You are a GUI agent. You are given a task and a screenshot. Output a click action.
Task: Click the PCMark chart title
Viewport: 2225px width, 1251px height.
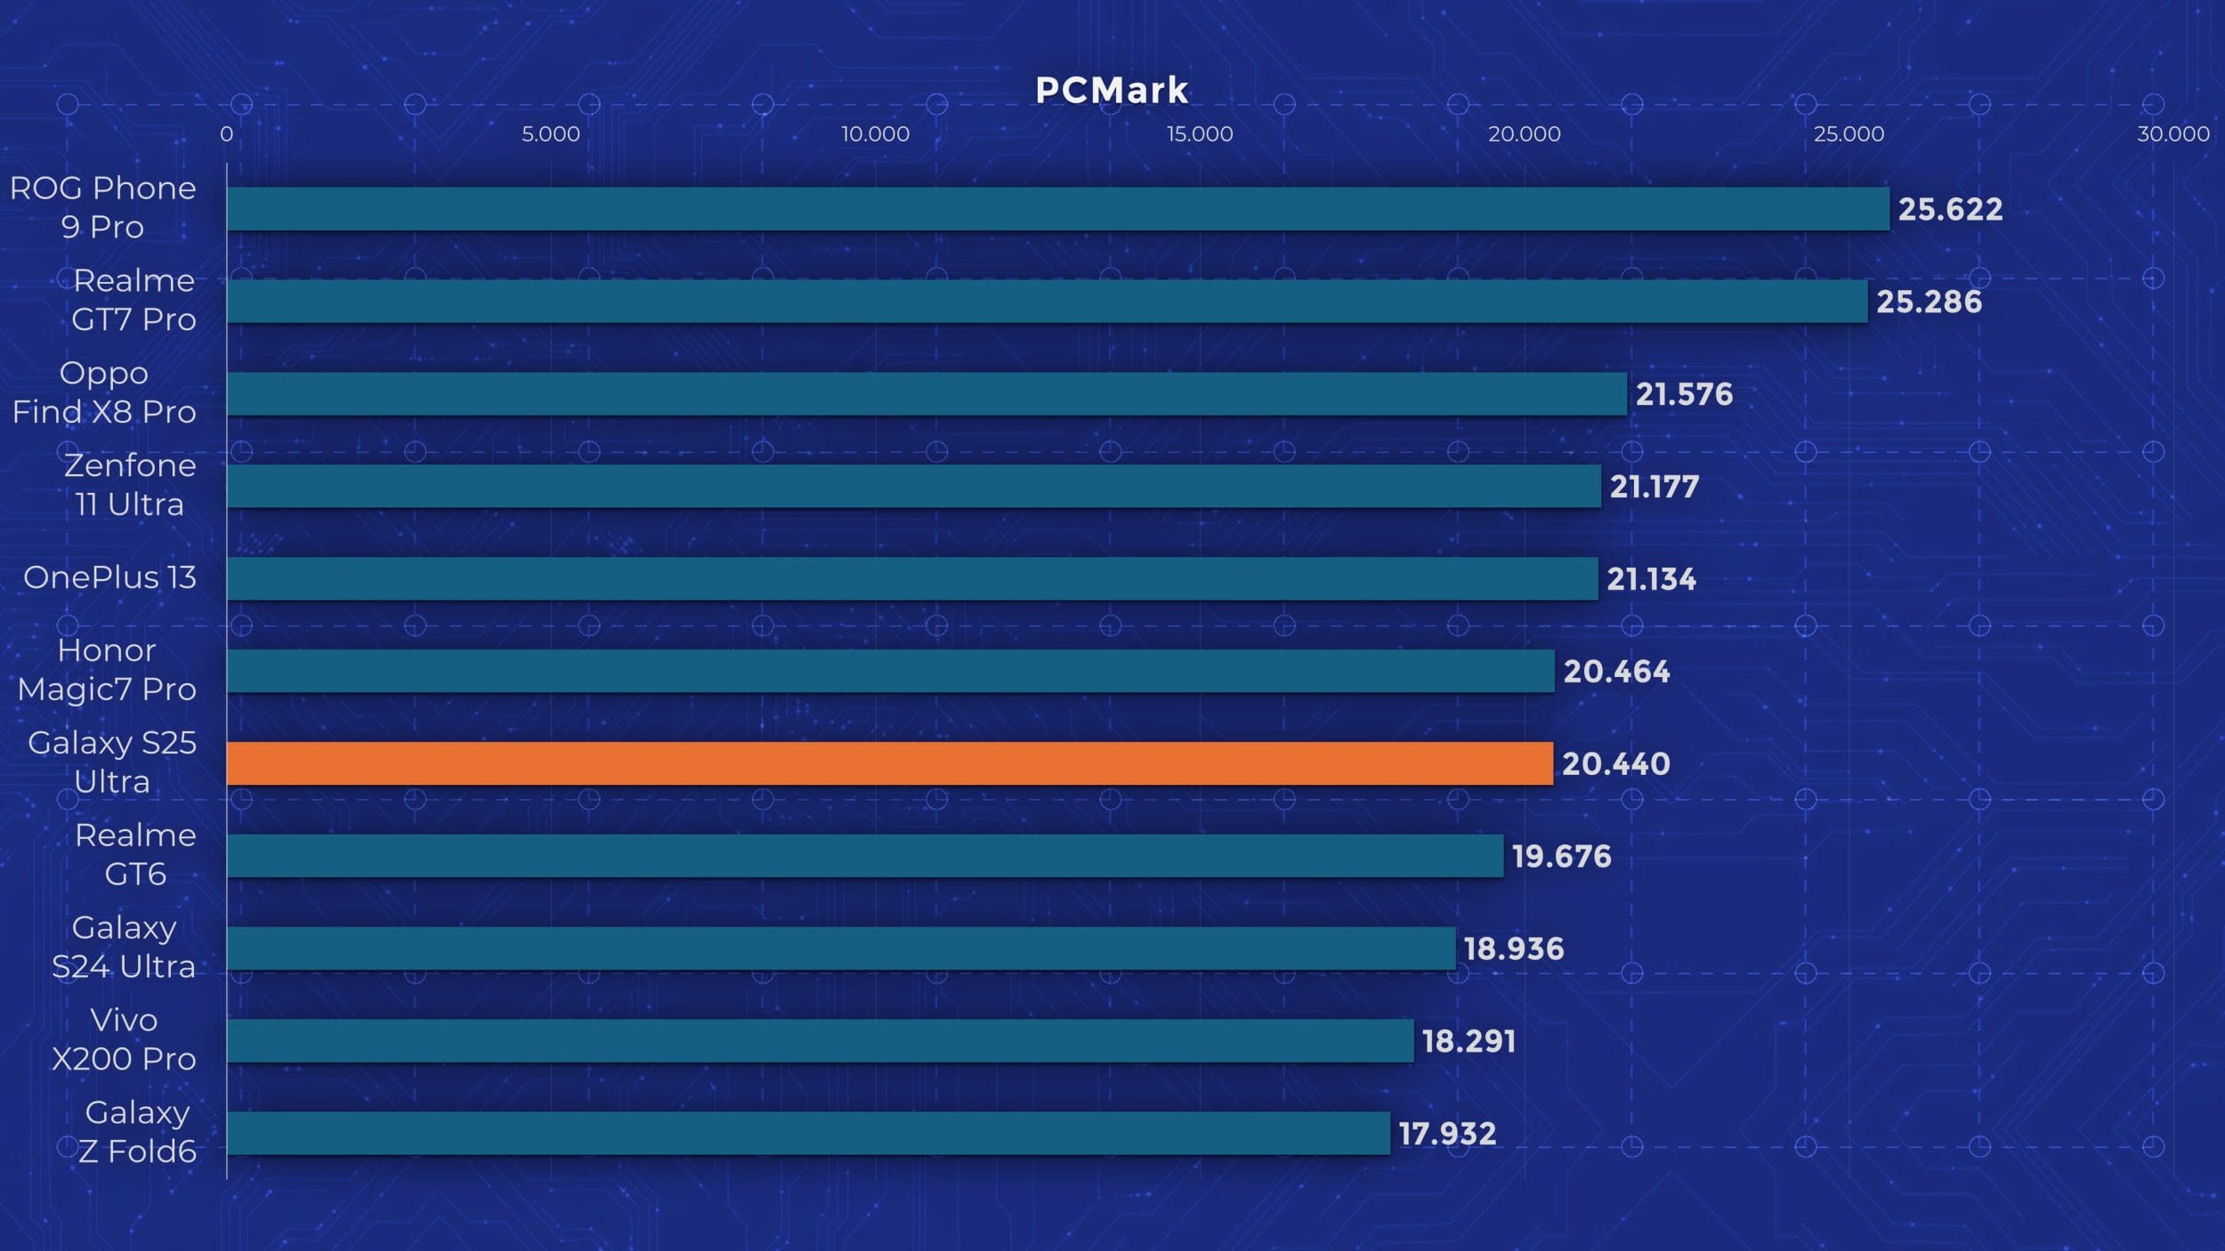tap(1112, 91)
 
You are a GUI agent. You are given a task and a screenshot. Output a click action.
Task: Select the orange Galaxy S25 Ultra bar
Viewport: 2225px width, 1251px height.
tap(890, 763)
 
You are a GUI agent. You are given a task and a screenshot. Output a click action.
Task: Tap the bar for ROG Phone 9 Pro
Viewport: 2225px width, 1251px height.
tap(1057, 209)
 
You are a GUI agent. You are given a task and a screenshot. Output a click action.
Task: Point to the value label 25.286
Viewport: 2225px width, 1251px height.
tap(1929, 303)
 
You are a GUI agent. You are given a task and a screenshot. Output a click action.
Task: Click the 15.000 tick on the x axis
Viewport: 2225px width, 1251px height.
tap(1200, 134)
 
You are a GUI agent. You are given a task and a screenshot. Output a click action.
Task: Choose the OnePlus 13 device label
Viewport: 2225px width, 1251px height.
tap(109, 578)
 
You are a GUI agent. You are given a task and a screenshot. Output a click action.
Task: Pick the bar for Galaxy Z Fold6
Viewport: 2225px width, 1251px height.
tap(808, 1133)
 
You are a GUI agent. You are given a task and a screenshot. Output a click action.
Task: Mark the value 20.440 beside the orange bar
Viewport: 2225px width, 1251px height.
tap(1615, 764)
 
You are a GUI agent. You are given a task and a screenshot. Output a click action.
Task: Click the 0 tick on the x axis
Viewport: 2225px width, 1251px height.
tap(227, 134)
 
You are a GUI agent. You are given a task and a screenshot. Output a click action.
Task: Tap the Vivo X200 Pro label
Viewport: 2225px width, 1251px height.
tap(124, 1039)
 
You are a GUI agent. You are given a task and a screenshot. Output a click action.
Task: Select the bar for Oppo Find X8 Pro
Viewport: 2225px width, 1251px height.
tap(926, 394)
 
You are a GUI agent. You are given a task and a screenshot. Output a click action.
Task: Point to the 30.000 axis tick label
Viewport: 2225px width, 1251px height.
tap(2172, 134)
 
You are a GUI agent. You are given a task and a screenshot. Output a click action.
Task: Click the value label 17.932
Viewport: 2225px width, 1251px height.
tap(1447, 1134)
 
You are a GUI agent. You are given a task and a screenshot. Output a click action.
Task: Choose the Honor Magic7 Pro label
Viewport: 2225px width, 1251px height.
tap(107, 670)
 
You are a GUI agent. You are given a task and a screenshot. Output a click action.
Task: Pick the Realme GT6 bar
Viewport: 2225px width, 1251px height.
tap(865, 856)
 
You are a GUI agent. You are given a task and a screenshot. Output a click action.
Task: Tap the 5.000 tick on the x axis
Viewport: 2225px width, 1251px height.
tap(550, 134)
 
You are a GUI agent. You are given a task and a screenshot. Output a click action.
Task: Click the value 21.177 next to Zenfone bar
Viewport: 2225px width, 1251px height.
tap(1654, 487)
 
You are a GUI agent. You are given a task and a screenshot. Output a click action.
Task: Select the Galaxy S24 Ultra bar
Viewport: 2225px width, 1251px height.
tap(841, 948)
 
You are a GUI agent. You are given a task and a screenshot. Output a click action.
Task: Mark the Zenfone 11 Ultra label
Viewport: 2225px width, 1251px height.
tap(130, 485)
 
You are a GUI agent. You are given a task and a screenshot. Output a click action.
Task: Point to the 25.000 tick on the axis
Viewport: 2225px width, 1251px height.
tap(1849, 134)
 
